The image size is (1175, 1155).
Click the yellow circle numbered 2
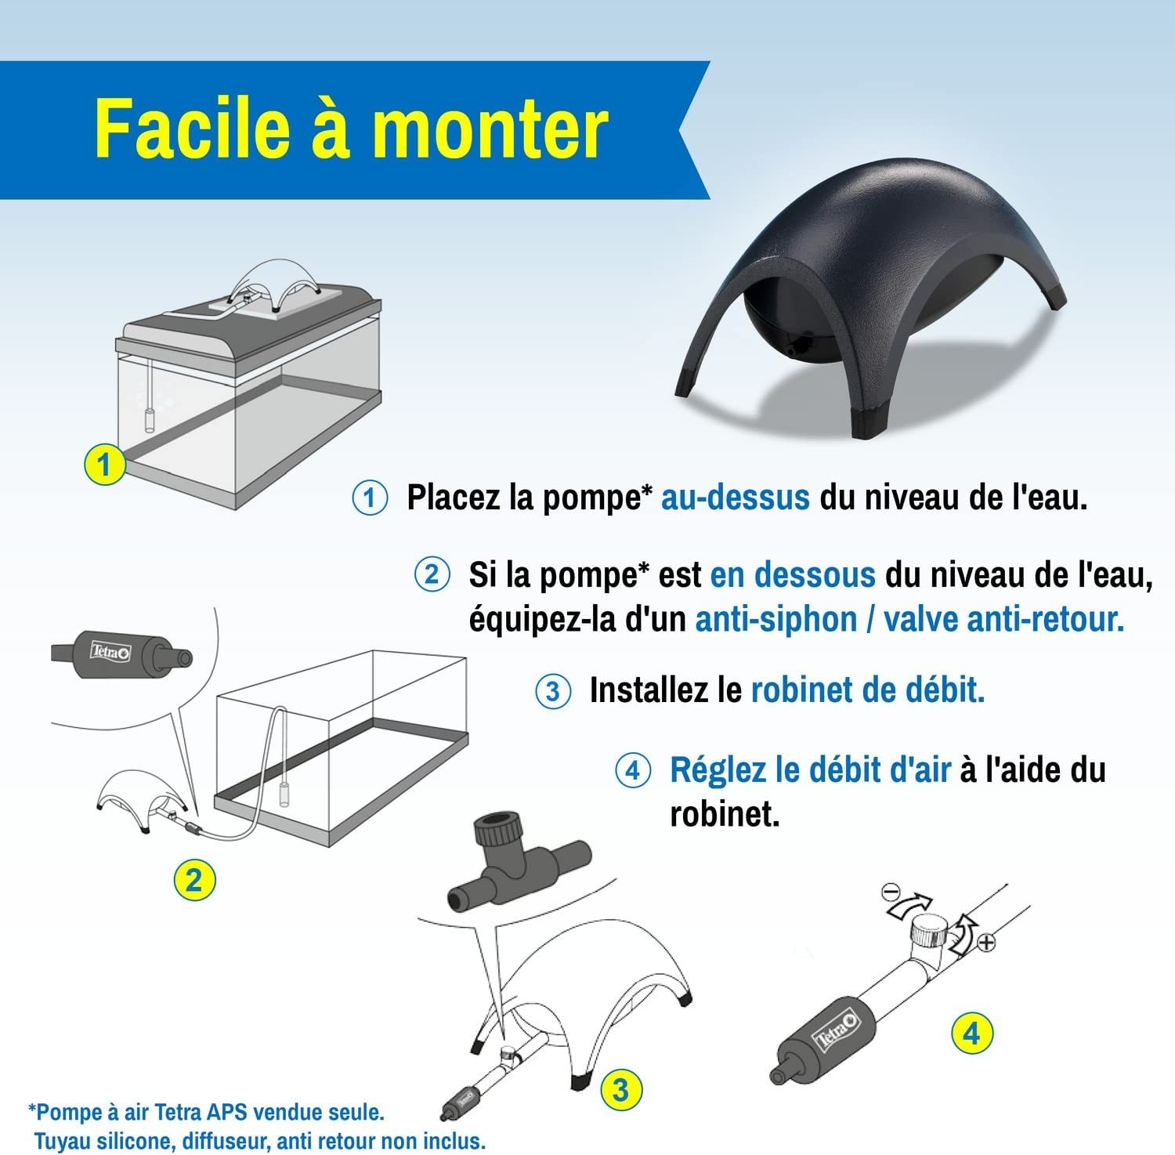(x=193, y=880)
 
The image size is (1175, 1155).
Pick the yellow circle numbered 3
(x=620, y=1089)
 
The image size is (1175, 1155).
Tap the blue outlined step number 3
(x=553, y=691)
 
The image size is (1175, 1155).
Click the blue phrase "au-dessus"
(x=736, y=498)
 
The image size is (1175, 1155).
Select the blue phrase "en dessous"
(x=793, y=574)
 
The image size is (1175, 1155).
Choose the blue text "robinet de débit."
(x=868, y=690)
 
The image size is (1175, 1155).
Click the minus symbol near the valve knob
(x=890, y=891)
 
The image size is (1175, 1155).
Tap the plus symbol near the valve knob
(x=987, y=943)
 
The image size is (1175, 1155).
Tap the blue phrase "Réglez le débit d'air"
(x=810, y=769)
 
